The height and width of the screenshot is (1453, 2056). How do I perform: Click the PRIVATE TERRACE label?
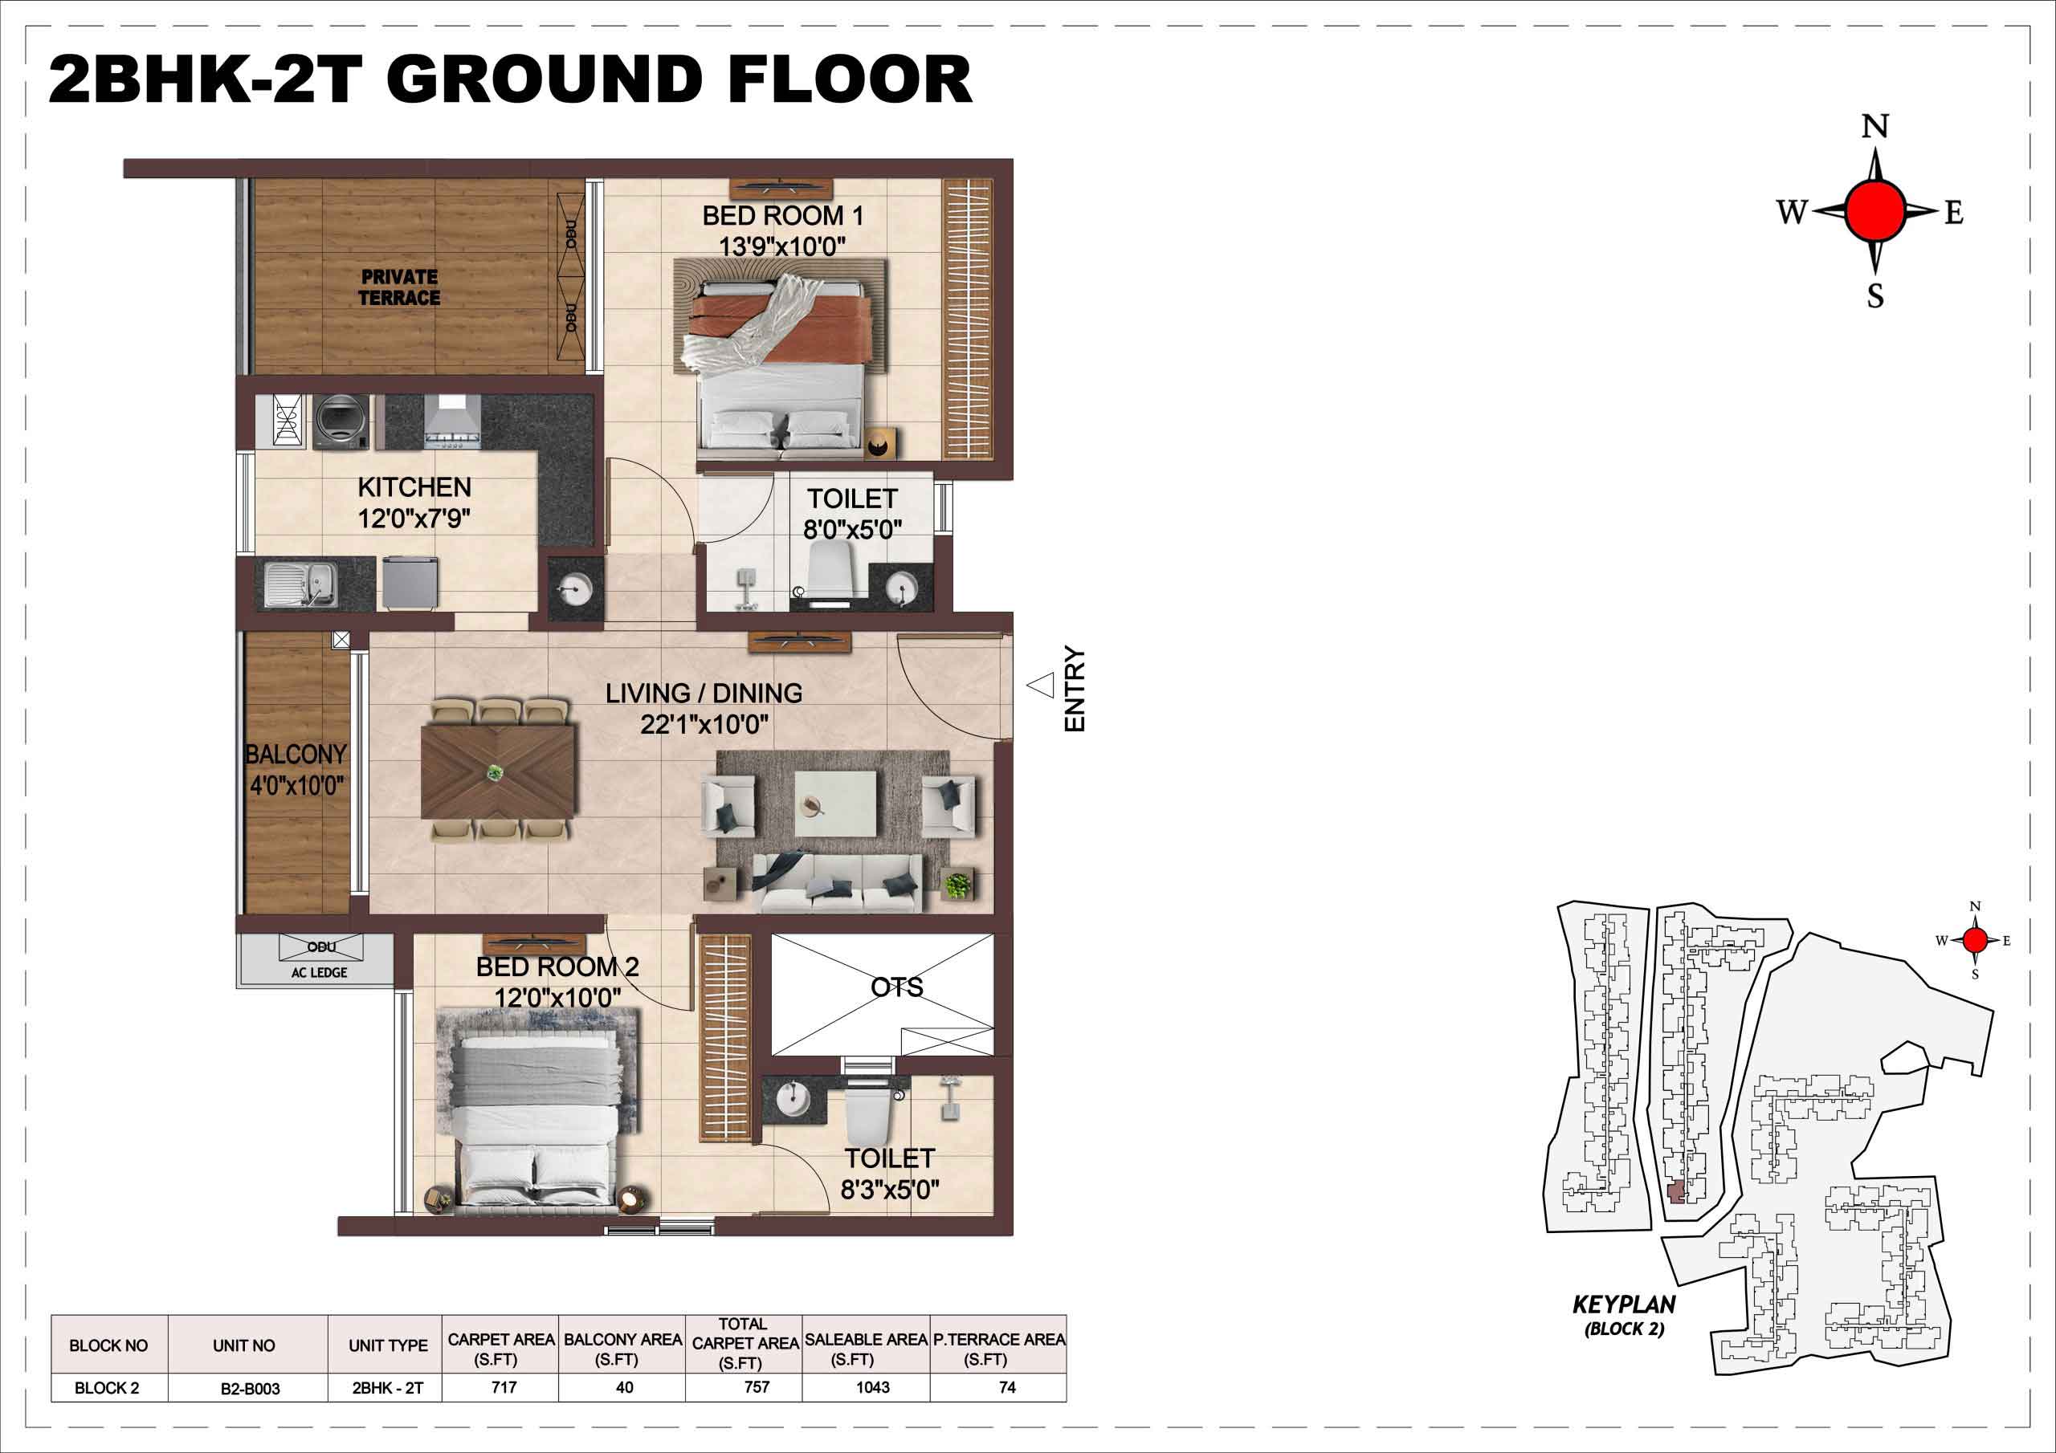pos(399,287)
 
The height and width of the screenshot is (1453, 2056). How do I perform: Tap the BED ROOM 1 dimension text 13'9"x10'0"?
pos(781,246)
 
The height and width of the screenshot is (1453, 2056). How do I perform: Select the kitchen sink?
pos(301,584)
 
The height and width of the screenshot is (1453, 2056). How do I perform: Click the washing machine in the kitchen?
pos(341,421)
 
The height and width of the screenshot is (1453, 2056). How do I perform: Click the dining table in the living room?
pos(499,771)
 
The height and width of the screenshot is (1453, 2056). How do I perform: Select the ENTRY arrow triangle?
pos(1041,686)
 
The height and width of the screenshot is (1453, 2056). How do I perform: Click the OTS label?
pos(896,987)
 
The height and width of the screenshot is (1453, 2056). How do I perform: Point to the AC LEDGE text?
pos(319,972)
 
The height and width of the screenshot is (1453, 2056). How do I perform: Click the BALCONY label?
pos(296,754)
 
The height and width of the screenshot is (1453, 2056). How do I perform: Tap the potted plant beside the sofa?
pos(957,885)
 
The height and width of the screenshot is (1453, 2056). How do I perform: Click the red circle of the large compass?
pos(1874,210)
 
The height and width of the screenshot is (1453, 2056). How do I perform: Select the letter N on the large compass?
pos(1875,127)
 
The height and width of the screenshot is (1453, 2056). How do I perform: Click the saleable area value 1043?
pos(872,1388)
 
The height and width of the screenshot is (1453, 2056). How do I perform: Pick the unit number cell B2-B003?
pos(250,1389)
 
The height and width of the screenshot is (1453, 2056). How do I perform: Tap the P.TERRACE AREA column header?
pos(999,1339)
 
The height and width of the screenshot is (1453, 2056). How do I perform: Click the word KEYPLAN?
pos(1623,1304)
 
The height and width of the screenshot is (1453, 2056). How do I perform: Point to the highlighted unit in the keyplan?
pos(1675,1194)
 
